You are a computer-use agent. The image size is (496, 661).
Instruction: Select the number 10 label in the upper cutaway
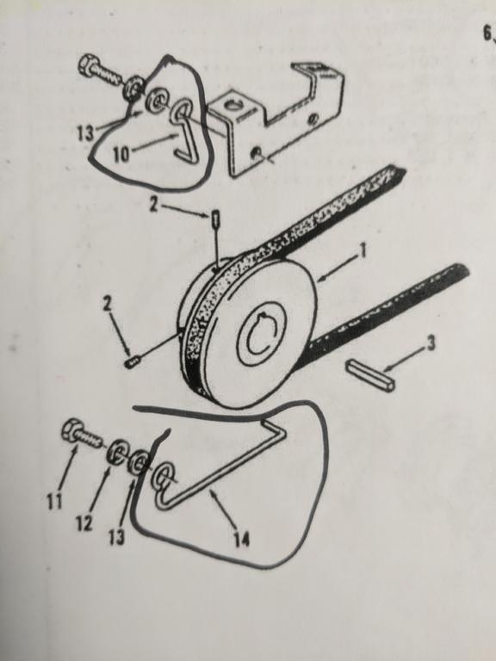[121, 155]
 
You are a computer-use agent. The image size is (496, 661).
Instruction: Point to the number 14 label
[242, 539]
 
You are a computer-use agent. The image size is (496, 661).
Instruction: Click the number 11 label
[54, 501]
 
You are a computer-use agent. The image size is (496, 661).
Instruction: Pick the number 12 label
[84, 523]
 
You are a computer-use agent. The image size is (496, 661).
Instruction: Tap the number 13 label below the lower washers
[117, 537]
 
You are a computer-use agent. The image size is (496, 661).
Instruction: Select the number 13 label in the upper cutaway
[85, 133]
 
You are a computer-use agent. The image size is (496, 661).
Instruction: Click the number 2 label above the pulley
[153, 206]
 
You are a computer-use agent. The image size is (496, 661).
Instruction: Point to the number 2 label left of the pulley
[108, 304]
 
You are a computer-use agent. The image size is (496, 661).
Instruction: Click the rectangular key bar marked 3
[370, 374]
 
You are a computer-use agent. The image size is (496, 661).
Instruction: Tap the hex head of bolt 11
[72, 430]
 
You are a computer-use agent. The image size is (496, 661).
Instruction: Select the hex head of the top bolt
[88, 65]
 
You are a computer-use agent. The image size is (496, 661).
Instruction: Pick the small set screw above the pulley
[215, 219]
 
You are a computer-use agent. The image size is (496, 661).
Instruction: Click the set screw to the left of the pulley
[133, 362]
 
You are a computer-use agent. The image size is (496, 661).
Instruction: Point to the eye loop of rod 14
[163, 475]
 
